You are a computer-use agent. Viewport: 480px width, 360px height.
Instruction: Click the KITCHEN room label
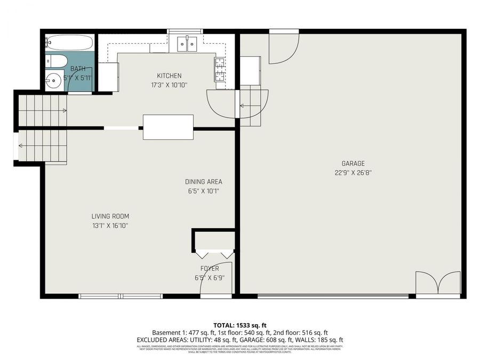(169, 76)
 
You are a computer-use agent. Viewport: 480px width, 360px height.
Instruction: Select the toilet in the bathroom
(55, 61)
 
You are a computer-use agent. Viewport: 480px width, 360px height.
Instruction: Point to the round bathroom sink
(53, 82)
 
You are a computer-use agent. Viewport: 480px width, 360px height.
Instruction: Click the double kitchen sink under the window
(185, 43)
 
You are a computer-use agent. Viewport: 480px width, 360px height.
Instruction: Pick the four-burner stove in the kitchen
(220, 69)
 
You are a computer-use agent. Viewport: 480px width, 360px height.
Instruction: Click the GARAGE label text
(353, 163)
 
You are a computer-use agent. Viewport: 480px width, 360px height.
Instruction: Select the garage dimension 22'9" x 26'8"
(353, 172)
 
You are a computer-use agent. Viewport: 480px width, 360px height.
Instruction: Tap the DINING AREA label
(203, 182)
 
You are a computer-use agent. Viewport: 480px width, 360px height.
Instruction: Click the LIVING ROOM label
(110, 216)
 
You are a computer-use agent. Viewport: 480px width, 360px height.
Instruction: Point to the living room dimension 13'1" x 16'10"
(110, 226)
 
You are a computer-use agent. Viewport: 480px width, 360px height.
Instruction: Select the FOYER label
(210, 268)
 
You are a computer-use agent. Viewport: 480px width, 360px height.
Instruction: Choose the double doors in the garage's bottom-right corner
(437, 283)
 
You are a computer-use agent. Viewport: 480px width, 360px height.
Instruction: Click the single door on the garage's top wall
(283, 48)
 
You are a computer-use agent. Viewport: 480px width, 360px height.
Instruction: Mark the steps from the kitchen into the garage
(253, 107)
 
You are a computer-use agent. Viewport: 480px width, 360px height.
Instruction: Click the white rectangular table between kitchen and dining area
(168, 127)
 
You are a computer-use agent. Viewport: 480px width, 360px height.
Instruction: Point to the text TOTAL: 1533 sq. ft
(239, 324)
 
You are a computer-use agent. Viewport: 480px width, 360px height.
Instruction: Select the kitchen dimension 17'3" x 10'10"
(169, 85)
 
